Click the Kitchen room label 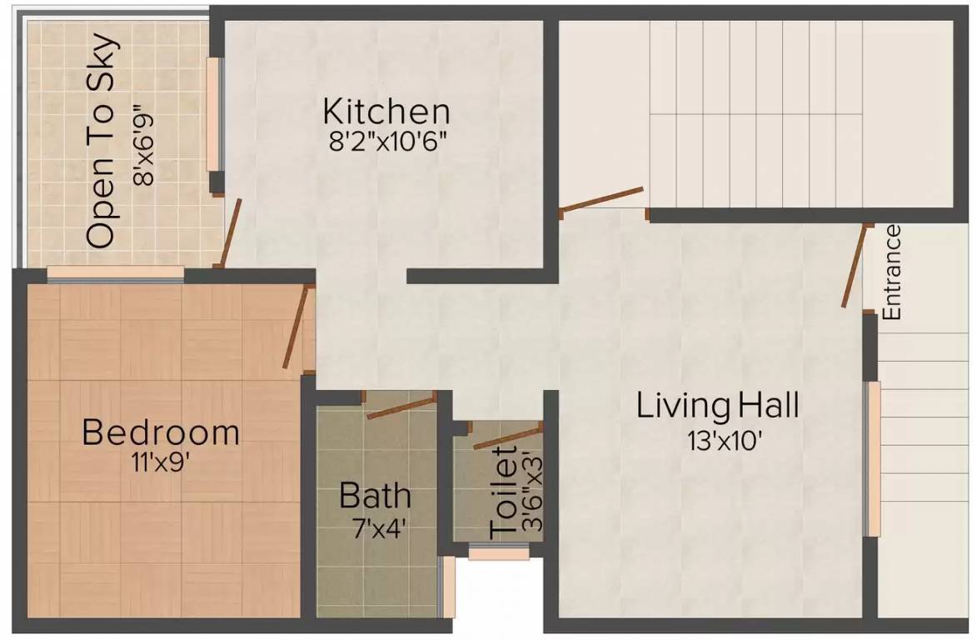point(386,111)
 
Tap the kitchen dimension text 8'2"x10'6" point(388,139)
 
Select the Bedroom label point(161,433)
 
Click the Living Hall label point(717,407)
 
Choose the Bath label point(375,496)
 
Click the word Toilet point(506,493)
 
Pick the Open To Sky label point(101,140)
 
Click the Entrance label point(891,272)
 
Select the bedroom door point(296,327)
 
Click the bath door point(401,406)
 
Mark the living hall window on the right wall point(873,459)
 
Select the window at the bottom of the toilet point(499,552)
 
